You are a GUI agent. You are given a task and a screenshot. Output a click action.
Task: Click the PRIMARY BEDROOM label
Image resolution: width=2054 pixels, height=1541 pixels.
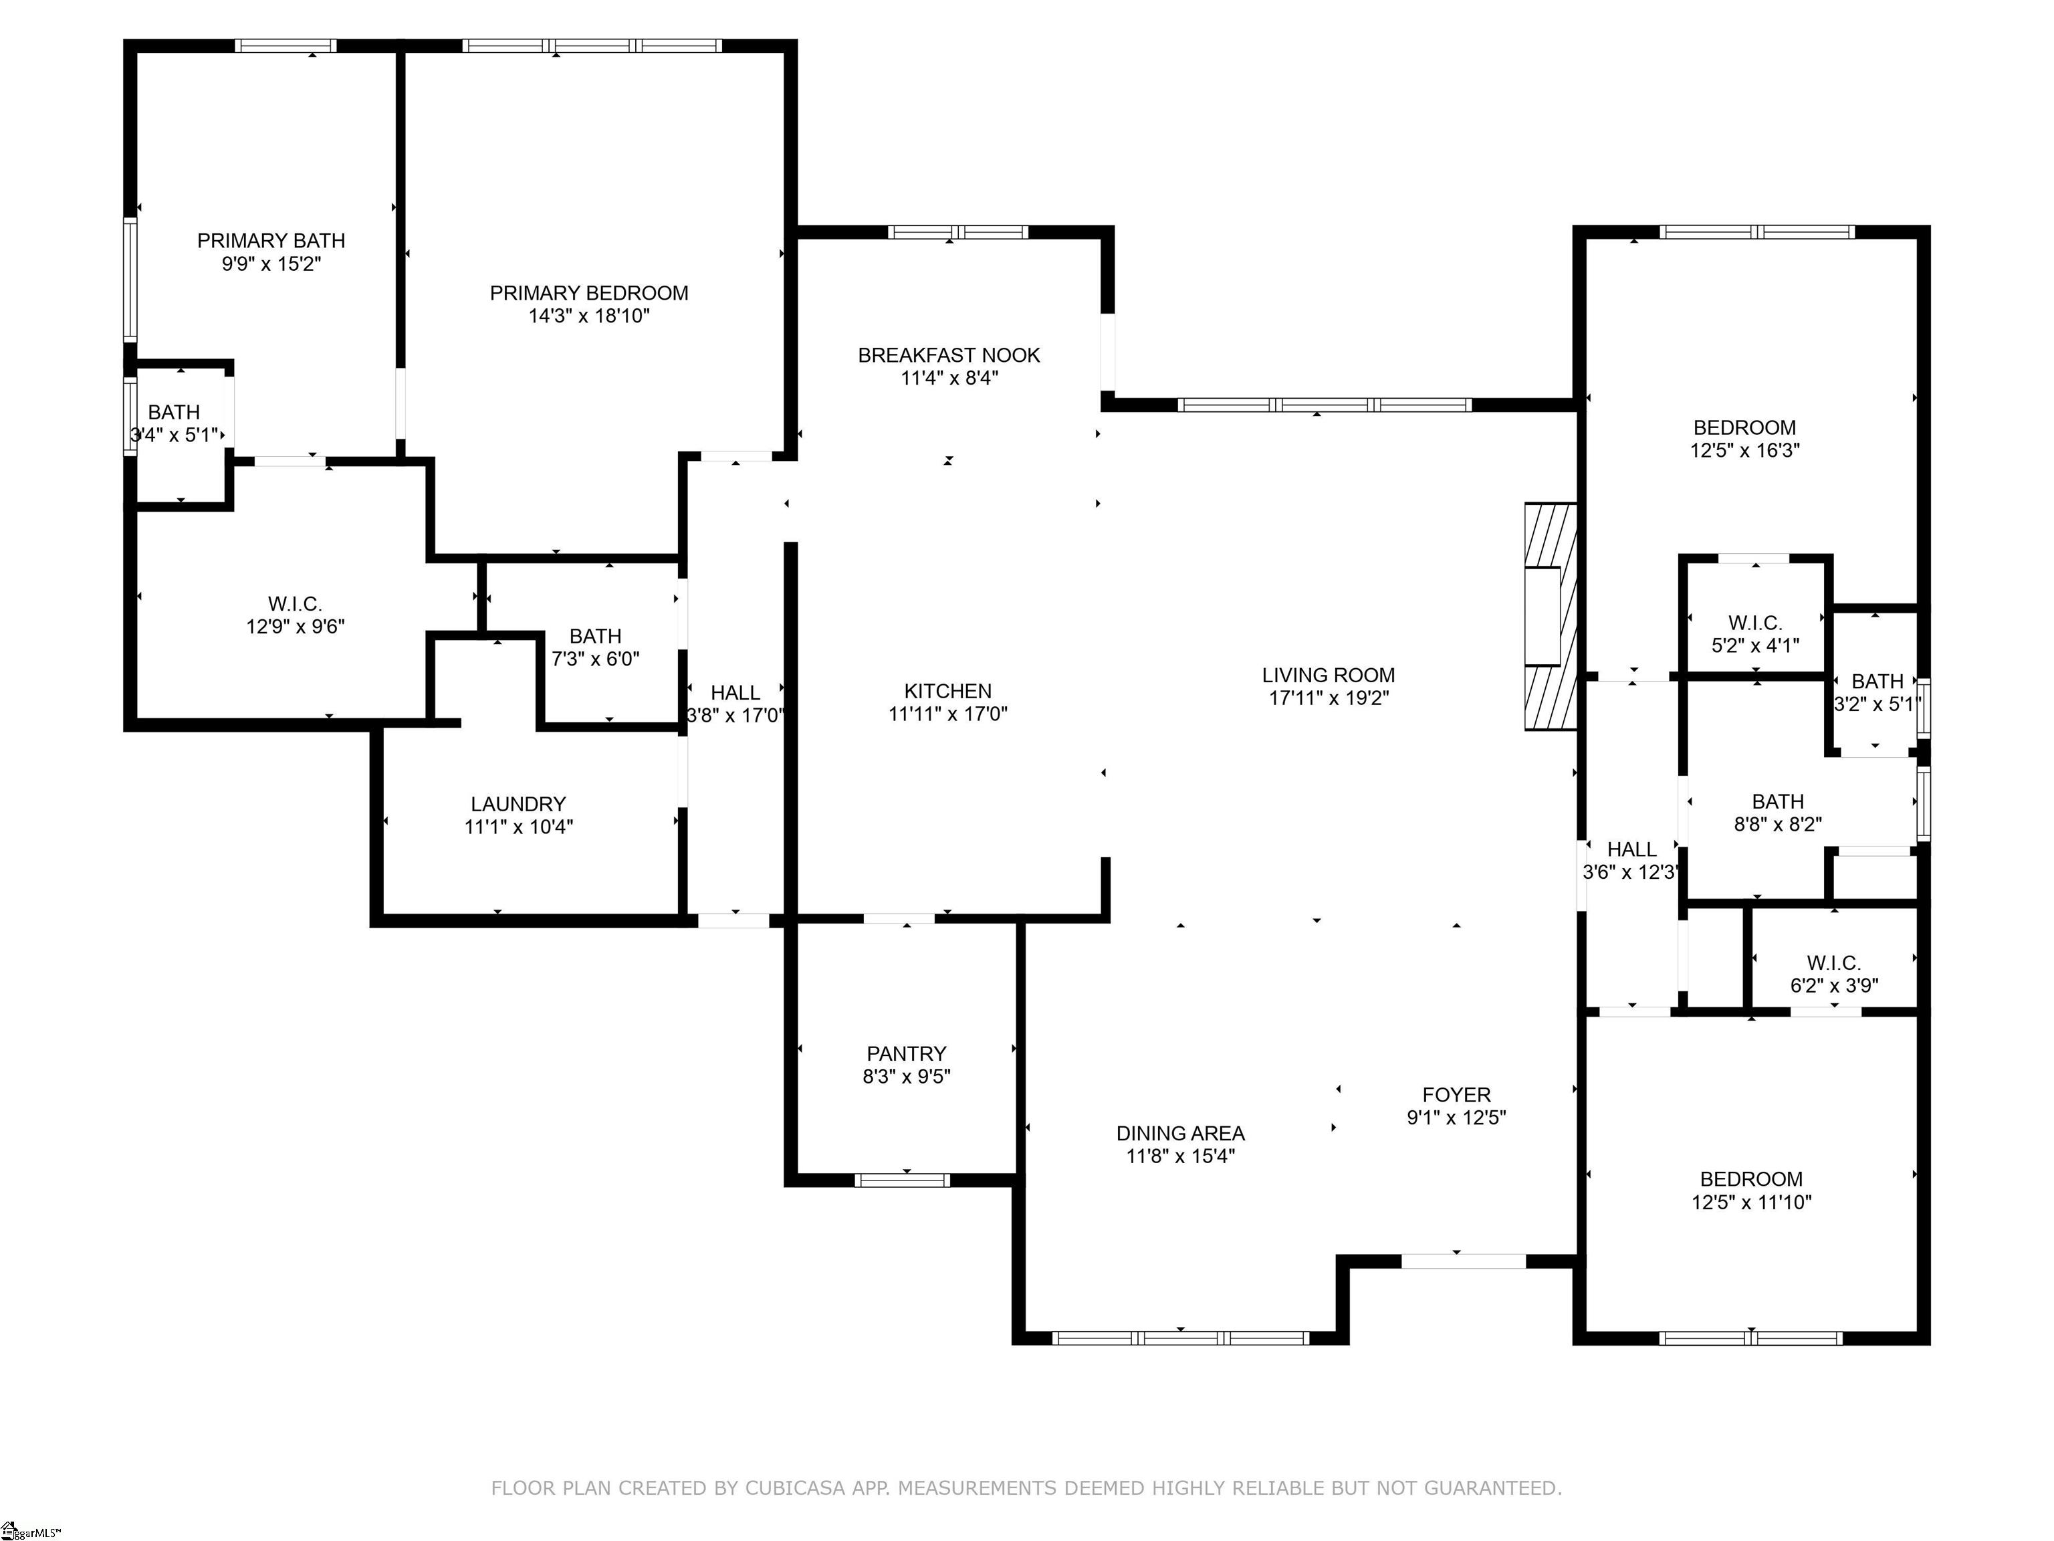(x=588, y=294)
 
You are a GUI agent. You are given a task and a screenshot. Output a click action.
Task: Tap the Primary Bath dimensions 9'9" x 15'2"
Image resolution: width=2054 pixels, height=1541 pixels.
(x=271, y=264)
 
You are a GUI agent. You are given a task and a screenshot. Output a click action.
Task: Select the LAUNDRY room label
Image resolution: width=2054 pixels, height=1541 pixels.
(x=518, y=805)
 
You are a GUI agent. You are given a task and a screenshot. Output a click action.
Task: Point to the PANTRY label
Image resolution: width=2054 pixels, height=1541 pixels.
(x=906, y=1053)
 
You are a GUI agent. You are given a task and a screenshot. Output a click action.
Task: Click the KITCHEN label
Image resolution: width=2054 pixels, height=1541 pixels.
(x=948, y=691)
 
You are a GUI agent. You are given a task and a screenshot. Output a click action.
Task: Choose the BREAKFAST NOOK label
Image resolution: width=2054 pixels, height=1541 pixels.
(x=949, y=355)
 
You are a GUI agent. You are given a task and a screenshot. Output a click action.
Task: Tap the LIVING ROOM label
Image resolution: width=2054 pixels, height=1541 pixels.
(x=1329, y=676)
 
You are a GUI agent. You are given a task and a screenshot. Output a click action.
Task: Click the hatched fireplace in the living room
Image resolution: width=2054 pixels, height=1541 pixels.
(x=1551, y=617)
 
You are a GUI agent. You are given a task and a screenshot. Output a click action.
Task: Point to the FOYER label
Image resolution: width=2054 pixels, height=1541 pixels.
(x=1456, y=1095)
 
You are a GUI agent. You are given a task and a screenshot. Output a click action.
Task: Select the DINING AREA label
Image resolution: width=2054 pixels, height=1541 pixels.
(x=1180, y=1133)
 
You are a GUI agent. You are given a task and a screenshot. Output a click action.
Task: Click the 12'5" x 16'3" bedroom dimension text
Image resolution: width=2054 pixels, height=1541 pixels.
(x=1745, y=451)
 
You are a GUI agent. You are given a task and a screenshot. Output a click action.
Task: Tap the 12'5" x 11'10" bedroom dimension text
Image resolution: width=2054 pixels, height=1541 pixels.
(x=1751, y=1202)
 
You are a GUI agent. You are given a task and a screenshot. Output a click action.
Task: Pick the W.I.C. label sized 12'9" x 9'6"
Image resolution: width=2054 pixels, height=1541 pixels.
(x=296, y=605)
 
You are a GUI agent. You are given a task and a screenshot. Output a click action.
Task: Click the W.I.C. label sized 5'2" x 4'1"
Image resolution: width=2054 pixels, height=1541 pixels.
(x=1755, y=623)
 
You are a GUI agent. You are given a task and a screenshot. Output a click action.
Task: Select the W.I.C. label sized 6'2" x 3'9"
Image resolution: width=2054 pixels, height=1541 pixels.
(x=1834, y=963)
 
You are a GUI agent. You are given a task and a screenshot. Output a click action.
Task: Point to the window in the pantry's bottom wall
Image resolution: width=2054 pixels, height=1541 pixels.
(x=903, y=1180)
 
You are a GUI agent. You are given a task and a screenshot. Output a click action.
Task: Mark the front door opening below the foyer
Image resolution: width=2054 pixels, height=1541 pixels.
(x=1464, y=1261)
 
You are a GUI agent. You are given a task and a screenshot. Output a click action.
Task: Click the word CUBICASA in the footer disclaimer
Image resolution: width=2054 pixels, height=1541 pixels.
(x=795, y=1488)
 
